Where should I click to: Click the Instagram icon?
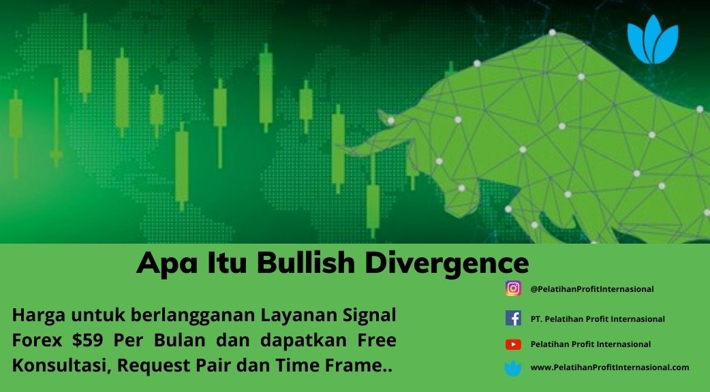point(513,289)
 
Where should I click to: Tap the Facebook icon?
point(513,318)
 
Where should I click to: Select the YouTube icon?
point(513,344)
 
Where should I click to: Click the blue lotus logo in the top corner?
point(653,39)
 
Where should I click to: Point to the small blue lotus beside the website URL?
point(512,368)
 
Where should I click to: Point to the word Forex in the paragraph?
point(37,340)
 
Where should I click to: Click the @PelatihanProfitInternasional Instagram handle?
point(592,289)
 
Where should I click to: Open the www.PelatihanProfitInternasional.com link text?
point(609,367)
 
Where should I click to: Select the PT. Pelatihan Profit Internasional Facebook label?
point(598,318)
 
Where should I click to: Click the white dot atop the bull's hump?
point(552,33)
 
